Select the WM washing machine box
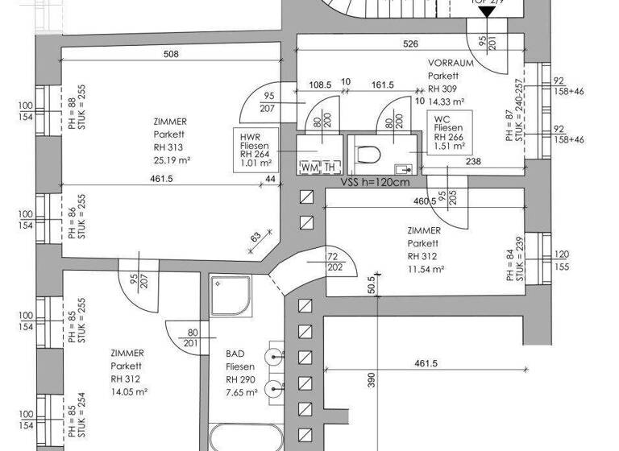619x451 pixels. click(x=309, y=167)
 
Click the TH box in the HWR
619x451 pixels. click(x=330, y=167)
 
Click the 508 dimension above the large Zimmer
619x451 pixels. click(x=170, y=55)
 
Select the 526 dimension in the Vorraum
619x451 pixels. click(x=410, y=44)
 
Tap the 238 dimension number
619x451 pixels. click(x=472, y=163)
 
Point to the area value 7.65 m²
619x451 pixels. click(x=242, y=392)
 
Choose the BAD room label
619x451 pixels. click(x=235, y=354)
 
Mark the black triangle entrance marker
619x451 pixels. click(x=486, y=11)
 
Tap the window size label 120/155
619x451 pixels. click(x=562, y=261)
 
